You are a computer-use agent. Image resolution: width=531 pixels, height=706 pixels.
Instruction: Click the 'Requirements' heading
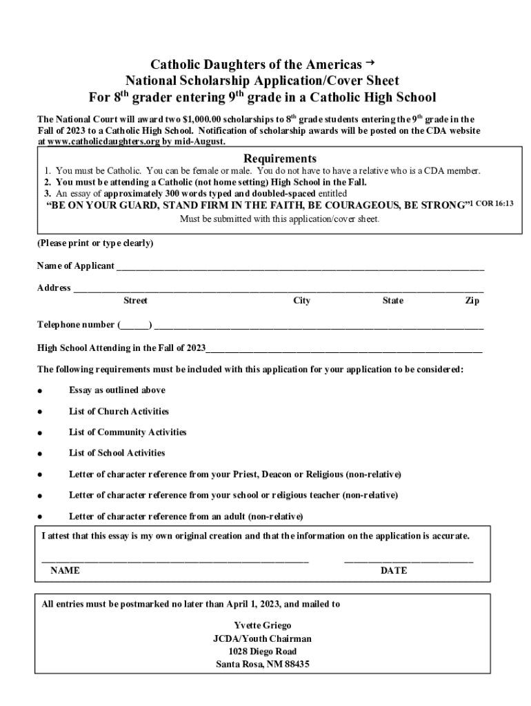tap(270, 159)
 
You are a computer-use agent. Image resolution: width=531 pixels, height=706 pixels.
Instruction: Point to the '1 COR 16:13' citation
tap(491, 203)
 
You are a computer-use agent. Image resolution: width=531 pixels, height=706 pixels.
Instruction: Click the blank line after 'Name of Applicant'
tap(300, 268)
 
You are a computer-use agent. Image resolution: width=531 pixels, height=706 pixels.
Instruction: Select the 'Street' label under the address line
tap(135, 301)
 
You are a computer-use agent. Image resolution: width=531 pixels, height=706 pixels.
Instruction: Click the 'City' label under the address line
tap(301, 301)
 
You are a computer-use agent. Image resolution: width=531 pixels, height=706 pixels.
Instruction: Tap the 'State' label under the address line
tap(393, 301)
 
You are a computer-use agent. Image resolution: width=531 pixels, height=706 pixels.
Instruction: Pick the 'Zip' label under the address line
tap(472, 301)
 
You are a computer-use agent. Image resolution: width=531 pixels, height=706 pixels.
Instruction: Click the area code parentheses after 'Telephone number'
tap(135, 325)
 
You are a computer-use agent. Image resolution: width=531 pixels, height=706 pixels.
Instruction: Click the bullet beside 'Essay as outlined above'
tap(41, 391)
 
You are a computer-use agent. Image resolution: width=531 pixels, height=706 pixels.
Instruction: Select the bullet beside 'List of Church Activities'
tap(41, 412)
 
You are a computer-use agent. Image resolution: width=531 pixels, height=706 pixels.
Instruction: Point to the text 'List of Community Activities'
tap(128, 432)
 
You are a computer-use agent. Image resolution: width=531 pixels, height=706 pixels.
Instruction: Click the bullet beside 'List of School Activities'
tap(41, 454)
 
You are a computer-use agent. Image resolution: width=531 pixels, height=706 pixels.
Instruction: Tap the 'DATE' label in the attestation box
tap(394, 571)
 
